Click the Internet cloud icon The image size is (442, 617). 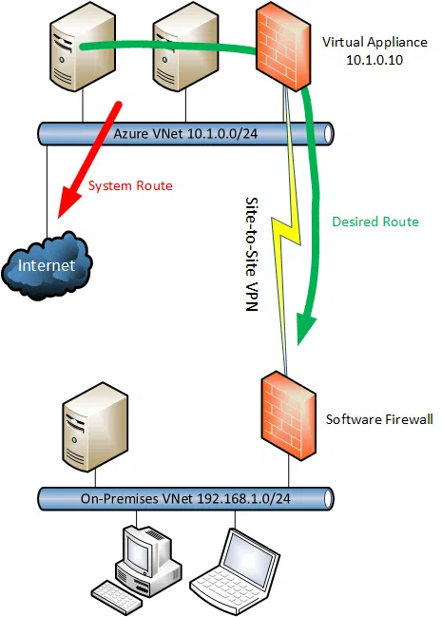[x=47, y=265]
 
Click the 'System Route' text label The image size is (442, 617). [x=130, y=185]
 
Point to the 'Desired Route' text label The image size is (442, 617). [x=375, y=222]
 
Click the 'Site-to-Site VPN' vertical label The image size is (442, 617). [x=252, y=254]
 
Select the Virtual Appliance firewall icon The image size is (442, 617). [x=283, y=46]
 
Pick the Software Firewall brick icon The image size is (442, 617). [x=289, y=415]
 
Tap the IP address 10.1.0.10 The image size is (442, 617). [x=375, y=60]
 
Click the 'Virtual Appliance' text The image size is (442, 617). [x=375, y=42]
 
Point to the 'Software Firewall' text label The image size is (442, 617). [x=379, y=419]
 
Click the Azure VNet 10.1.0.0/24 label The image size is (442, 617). [x=185, y=133]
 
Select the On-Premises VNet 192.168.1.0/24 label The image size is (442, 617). [x=185, y=498]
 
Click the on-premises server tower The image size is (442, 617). [x=95, y=427]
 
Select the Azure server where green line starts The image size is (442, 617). [x=83, y=47]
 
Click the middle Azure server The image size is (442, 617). [x=185, y=47]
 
